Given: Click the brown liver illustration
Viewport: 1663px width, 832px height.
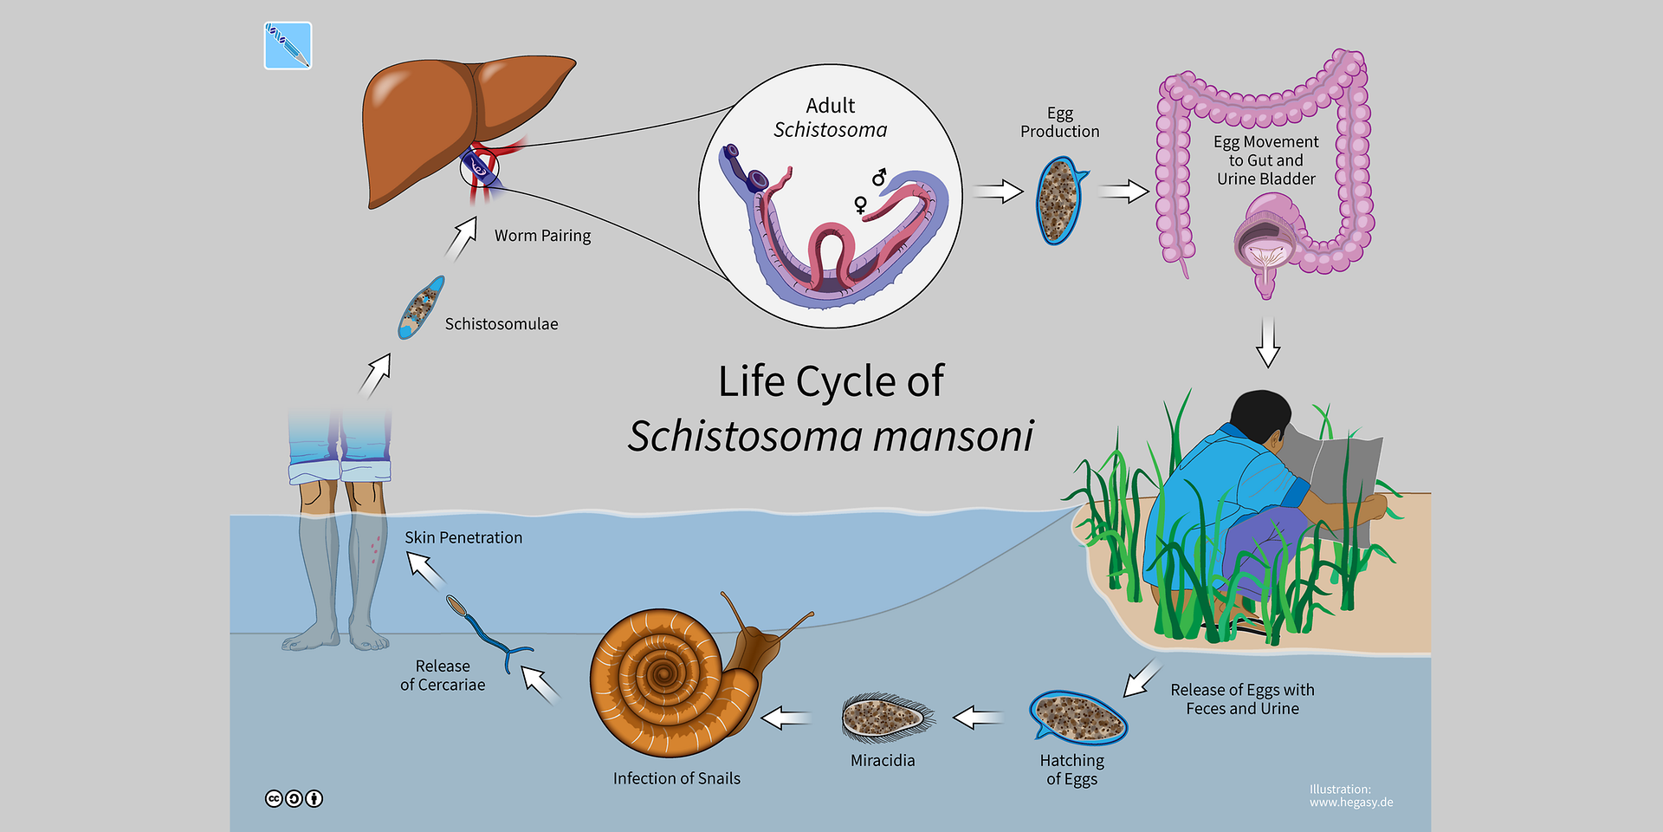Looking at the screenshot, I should pyautogui.click(x=442, y=121).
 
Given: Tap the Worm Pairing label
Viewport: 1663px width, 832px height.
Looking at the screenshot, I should pyautogui.click(x=542, y=236).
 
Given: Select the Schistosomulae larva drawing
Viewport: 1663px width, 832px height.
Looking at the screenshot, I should pyautogui.click(x=421, y=307).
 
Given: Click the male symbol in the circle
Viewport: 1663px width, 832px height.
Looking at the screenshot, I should pyautogui.click(x=880, y=177).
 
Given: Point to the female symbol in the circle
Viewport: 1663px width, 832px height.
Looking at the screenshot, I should pyautogui.click(x=860, y=205).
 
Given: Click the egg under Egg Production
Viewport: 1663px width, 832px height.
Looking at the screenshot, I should pyautogui.click(x=1058, y=200).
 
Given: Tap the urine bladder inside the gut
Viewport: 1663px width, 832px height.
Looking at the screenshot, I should pyautogui.click(x=1265, y=238).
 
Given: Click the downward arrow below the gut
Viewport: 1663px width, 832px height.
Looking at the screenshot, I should pyautogui.click(x=1268, y=342).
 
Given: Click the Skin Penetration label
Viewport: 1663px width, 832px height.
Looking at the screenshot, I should pyautogui.click(x=463, y=538).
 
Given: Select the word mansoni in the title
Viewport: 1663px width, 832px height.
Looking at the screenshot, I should pyautogui.click(x=953, y=436).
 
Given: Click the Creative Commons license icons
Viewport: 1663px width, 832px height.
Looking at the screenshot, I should pyautogui.click(x=294, y=798).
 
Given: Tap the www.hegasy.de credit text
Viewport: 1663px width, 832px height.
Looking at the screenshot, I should pyautogui.click(x=1351, y=803).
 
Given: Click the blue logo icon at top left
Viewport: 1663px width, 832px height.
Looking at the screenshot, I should pyautogui.click(x=288, y=46).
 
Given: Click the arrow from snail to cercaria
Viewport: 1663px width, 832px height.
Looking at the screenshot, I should pyautogui.click(x=541, y=685).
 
